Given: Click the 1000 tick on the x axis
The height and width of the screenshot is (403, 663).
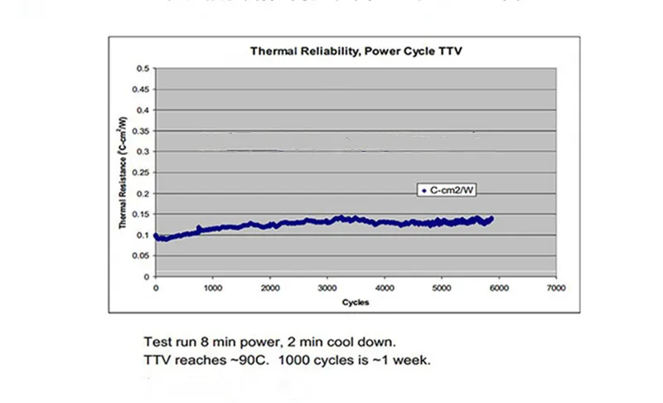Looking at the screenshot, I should pos(213,289).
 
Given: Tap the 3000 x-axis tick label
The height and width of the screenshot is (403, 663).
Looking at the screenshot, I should pos(327,289).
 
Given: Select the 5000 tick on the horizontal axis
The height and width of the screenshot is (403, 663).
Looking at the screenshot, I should pos(442,289).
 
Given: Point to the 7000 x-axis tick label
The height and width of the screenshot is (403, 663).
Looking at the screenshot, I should pos(556,289).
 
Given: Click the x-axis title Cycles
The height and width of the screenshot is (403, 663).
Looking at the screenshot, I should pos(356,303).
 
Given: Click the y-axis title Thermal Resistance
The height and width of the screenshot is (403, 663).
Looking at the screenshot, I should pos(122,172).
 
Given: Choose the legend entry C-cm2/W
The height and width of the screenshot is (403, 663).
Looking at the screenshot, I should pos(452,191).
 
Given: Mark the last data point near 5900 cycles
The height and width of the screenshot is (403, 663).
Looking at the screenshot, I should pos(492,218).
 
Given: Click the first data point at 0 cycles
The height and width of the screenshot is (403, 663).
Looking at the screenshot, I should pos(156,235).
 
